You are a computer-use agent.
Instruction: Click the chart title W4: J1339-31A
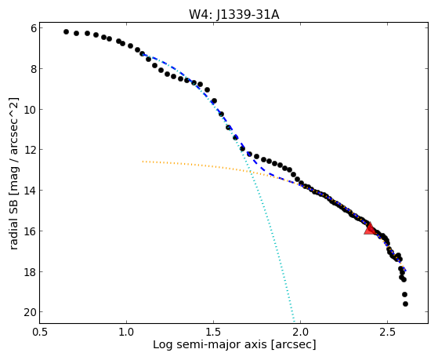click(234, 15)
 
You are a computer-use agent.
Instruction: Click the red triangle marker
click(370, 228)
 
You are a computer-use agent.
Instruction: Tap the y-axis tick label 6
click(34, 28)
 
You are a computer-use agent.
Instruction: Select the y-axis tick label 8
click(34, 69)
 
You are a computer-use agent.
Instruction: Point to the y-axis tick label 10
click(31, 109)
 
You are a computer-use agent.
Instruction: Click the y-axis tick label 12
click(31, 150)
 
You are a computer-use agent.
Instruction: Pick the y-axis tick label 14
click(31, 191)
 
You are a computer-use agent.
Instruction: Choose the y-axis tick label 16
click(31, 231)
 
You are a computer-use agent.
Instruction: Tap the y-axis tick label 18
click(31, 272)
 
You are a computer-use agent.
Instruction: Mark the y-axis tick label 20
click(31, 312)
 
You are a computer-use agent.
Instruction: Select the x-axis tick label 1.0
click(126, 332)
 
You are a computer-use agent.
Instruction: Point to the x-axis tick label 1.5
click(213, 332)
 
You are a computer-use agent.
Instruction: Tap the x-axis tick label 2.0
click(300, 332)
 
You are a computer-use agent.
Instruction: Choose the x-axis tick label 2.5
click(387, 332)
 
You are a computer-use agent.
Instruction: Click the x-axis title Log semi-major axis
click(210, 344)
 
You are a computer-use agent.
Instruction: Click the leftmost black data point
click(66, 32)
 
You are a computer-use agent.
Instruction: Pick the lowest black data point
click(405, 304)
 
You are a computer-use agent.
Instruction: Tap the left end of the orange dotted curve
click(143, 162)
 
